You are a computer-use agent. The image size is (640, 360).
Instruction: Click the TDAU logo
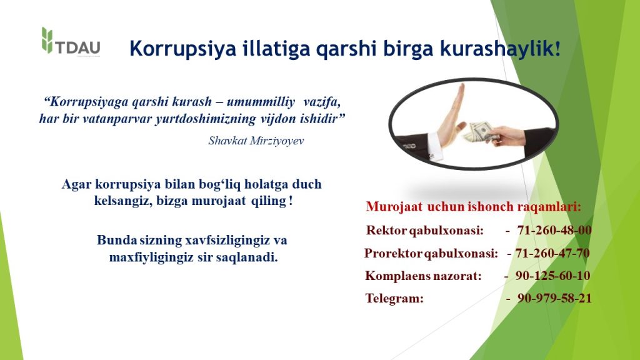tap(71, 42)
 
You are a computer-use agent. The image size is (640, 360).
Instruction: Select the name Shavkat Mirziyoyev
tap(256, 141)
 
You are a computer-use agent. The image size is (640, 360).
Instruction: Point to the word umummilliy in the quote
tap(261, 102)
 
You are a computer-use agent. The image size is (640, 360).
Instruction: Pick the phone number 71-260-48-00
tap(554, 230)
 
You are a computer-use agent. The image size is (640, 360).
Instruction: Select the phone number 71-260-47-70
tap(552, 253)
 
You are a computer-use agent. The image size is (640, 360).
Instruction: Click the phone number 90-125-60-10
tap(552, 276)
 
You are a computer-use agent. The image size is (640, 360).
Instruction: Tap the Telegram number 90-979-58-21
tap(554, 298)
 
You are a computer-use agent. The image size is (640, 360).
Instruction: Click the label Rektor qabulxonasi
tap(424, 231)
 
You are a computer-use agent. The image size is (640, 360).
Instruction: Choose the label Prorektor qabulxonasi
tap(431, 254)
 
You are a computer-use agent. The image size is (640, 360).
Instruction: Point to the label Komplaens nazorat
tap(423, 276)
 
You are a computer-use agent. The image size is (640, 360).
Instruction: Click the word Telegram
tap(394, 299)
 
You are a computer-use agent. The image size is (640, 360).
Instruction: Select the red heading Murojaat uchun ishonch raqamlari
tap(474, 207)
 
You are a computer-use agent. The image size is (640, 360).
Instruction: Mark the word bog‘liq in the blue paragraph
tap(220, 184)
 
